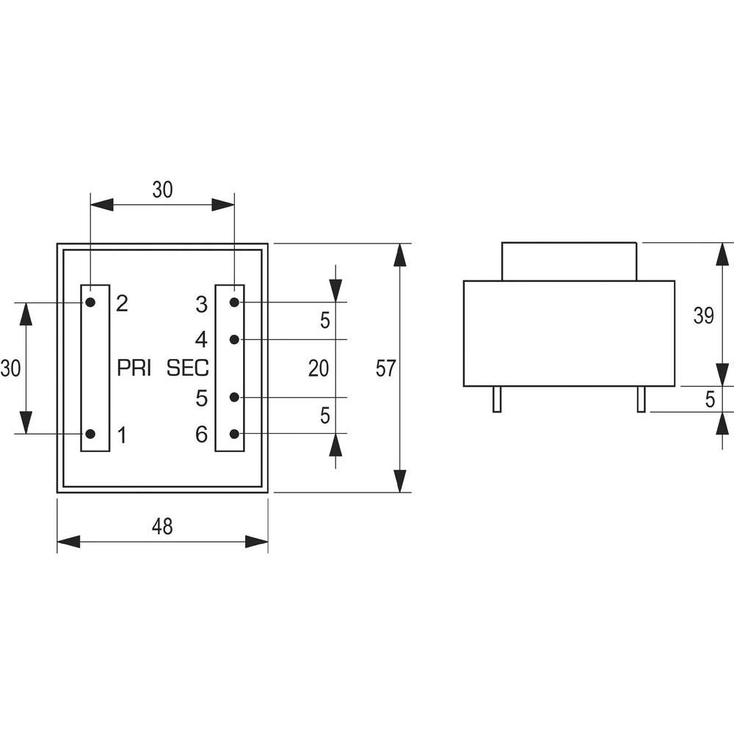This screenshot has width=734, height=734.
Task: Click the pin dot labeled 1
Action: coord(90,434)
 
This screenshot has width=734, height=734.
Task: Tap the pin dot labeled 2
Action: coord(90,302)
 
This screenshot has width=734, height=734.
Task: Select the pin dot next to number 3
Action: coord(234,302)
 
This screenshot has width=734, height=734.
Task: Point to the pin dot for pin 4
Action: coord(234,339)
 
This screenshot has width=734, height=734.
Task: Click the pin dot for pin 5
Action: coord(234,397)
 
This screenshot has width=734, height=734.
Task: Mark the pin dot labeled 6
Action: coord(234,434)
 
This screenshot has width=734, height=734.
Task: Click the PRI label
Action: coord(134,368)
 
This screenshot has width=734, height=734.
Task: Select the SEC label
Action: coord(188,368)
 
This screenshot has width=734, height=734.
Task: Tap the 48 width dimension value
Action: coord(162,526)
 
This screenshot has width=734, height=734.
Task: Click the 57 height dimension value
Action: coord(385,368)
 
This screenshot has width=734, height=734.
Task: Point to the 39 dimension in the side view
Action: coord(703,316)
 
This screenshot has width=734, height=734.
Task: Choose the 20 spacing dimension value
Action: coord(318,368)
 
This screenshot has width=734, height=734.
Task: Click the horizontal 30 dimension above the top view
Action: coord(162,189)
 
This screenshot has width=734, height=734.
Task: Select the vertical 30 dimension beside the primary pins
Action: coord(10,368)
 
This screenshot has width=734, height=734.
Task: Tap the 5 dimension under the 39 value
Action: coord(709,399)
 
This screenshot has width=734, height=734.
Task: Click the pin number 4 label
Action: coord(201,340)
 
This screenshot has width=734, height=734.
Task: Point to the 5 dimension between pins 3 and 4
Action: coord(324,321)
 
